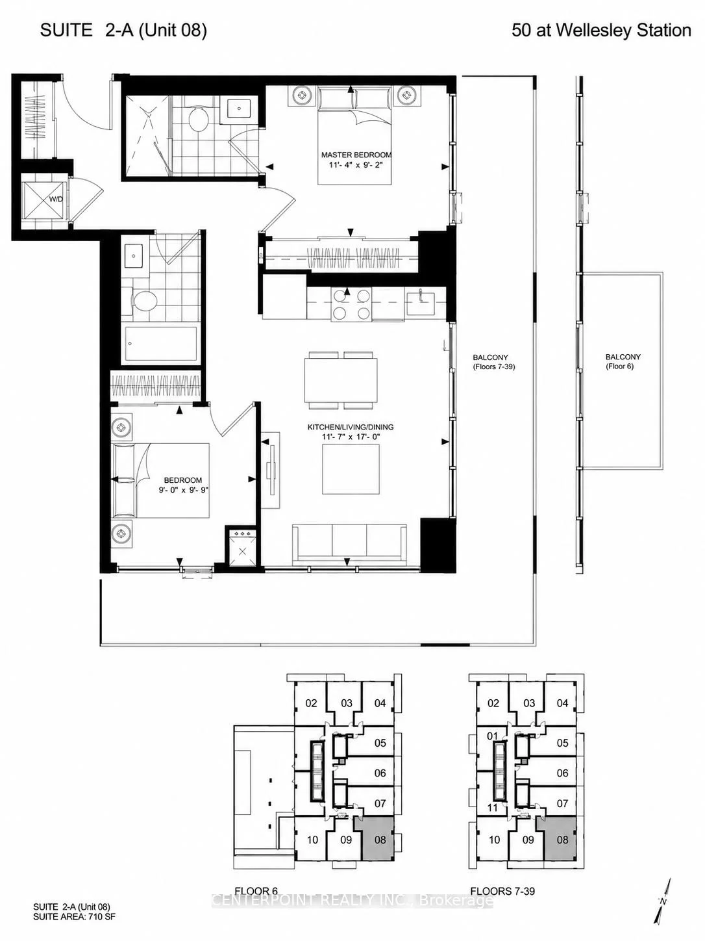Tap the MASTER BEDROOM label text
click(356, 155)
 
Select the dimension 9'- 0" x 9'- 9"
click(183, 490)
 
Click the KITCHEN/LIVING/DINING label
click(351, 427)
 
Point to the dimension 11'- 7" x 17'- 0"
click(351, 437)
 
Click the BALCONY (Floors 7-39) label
click(493, 361)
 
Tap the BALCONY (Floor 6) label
click(623, 361)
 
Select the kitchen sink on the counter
click(421, 298)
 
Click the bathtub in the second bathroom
click(162, 344)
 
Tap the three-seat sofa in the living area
click(349, 544)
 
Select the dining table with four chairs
click(341, 380)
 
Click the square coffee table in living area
click(351, 469)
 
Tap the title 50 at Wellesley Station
click(601, 31)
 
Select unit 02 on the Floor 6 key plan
click(311, 703)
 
